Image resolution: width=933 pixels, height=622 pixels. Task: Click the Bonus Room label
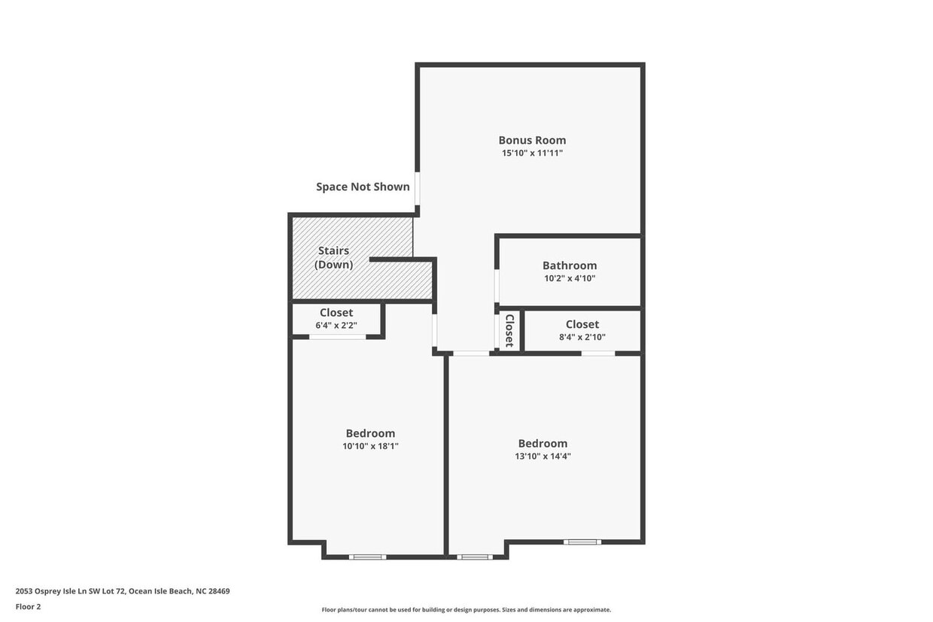pos(532,140)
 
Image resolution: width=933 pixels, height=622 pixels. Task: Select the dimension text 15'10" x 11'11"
pos(532,153)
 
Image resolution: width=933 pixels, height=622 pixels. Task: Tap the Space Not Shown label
pos(363,187)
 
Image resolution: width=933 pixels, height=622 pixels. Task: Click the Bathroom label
pos(570,265)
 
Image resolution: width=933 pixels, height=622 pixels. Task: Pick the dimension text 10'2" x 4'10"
pos(570,278)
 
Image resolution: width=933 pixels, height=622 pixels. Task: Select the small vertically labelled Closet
pos(509,330)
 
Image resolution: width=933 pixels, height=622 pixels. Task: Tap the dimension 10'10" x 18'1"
pos(370,446)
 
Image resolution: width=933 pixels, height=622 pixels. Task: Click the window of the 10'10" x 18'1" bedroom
pos(368,557)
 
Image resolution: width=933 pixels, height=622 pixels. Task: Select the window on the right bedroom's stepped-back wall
pos(582,542)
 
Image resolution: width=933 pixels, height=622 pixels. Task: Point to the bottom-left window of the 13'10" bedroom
pos(475,557)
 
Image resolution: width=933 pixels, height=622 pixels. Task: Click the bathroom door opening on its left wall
pos(497,286)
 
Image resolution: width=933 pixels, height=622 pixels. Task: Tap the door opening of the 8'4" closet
pos(598,353)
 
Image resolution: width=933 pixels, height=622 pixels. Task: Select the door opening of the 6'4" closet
pos(337,337)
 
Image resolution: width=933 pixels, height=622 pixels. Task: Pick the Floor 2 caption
pos(29,606)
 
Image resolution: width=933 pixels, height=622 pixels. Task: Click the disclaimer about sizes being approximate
pos(466,610)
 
